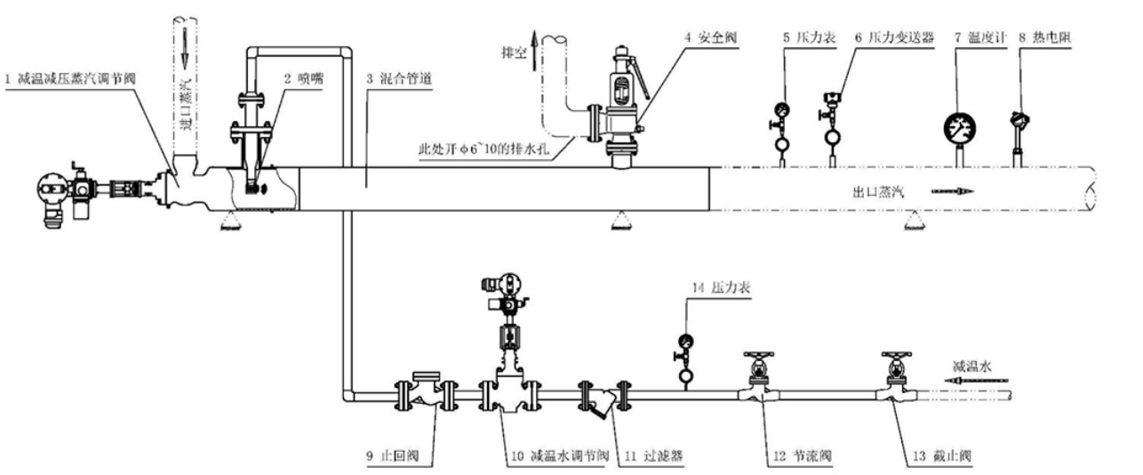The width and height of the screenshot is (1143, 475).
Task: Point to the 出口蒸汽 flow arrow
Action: [953, 191]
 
